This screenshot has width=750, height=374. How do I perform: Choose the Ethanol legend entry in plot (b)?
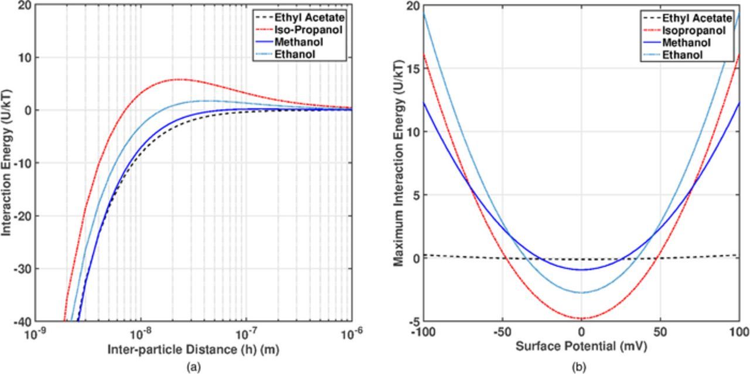(683, 55)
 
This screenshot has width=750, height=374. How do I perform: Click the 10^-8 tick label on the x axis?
(141, 334)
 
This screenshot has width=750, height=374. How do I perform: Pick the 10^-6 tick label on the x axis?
(351, 334)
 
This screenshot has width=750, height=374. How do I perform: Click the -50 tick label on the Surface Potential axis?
(502, 333)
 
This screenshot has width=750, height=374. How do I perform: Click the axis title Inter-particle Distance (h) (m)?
(193, 349)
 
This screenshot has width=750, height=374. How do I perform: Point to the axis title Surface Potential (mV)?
(581, 346)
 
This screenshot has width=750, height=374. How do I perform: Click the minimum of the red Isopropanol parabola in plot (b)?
(581, 318)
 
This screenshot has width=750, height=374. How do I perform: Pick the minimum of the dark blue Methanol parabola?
(581, 270)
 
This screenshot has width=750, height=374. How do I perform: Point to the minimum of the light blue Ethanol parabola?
(581, 293)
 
